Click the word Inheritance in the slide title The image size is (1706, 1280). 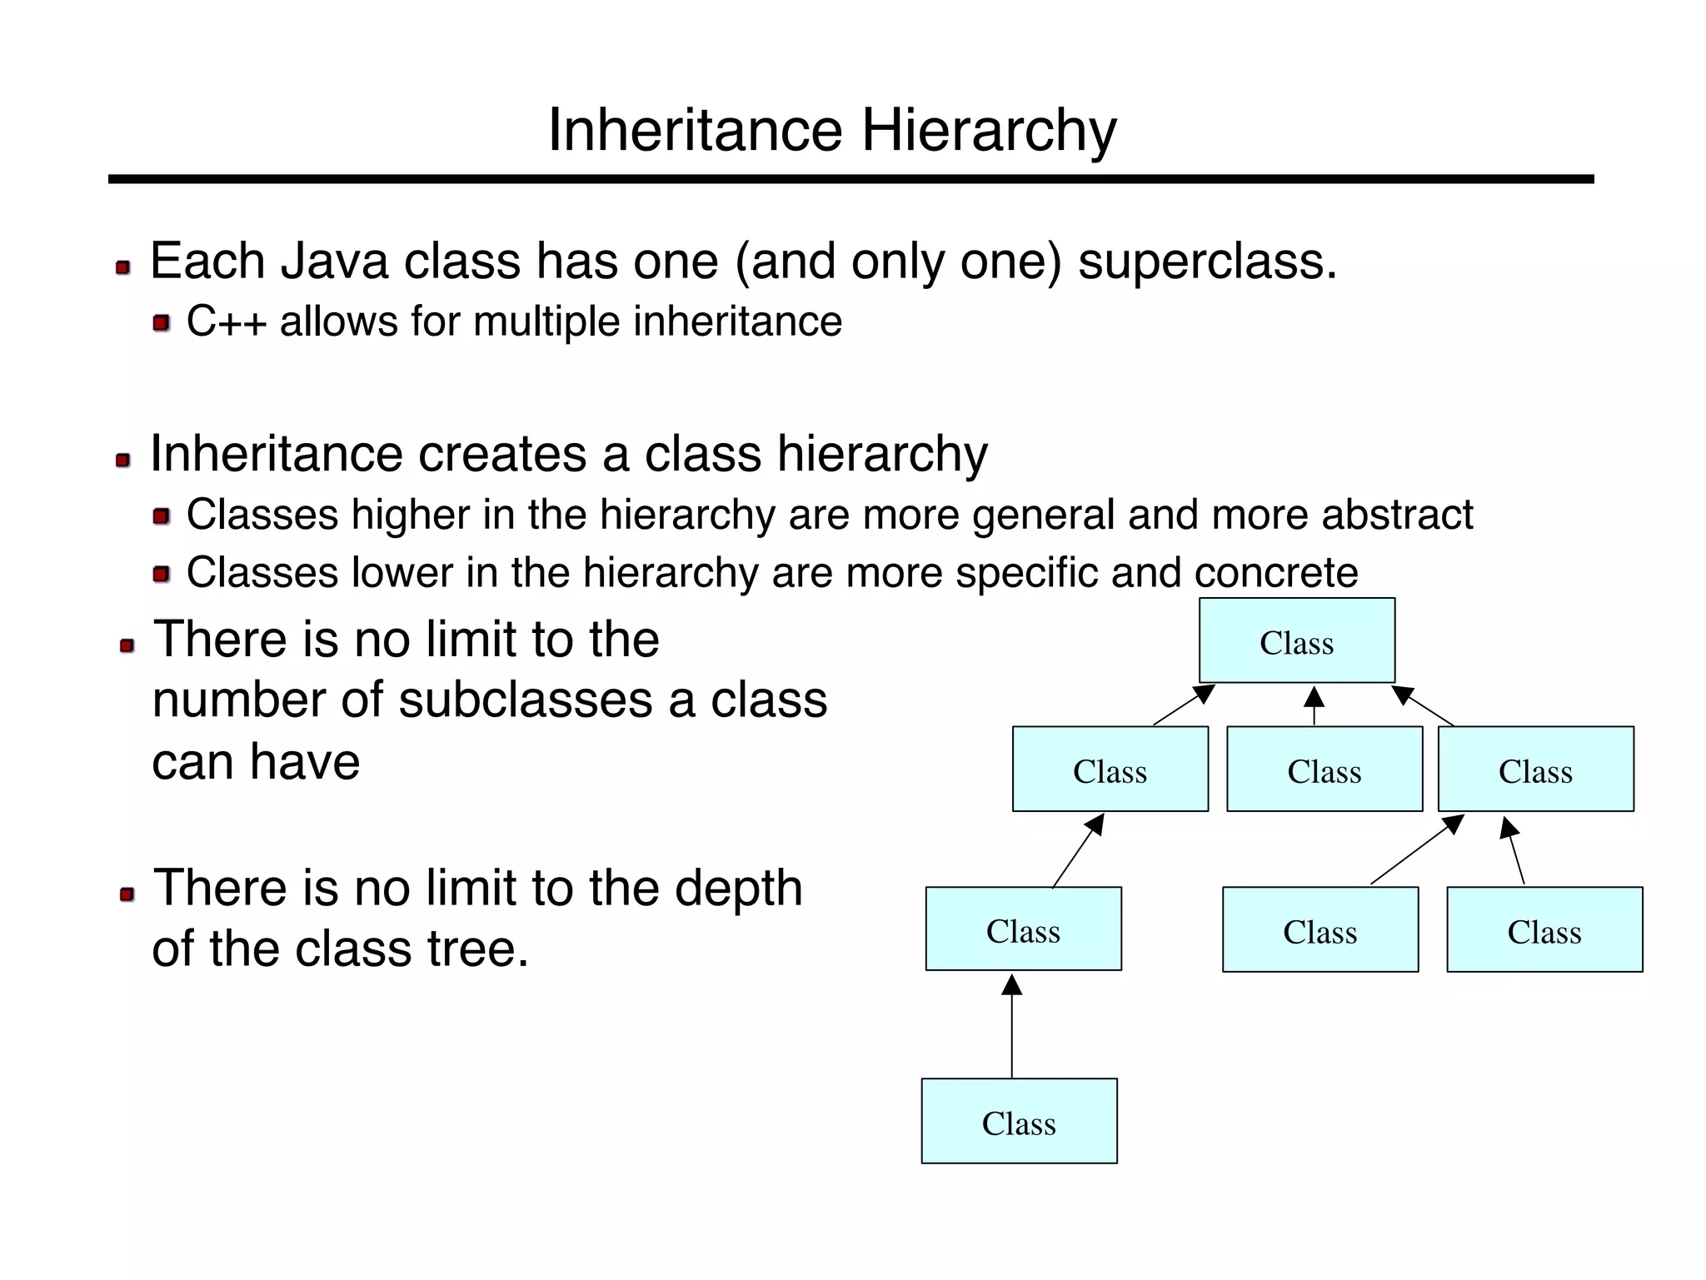696,132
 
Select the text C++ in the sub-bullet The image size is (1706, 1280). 226,321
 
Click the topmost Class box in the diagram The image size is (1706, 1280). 1296,640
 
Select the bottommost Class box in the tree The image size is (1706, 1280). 1018,1121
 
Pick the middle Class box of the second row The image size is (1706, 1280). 1324,769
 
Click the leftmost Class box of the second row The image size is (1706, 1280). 1110,769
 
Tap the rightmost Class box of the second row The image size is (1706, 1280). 1535,769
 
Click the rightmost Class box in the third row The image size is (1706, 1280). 1544,929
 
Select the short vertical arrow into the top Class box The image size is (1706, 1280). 1314,705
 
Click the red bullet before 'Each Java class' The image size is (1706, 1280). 123,267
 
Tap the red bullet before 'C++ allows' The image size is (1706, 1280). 162,323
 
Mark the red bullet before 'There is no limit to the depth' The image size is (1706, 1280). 127,894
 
